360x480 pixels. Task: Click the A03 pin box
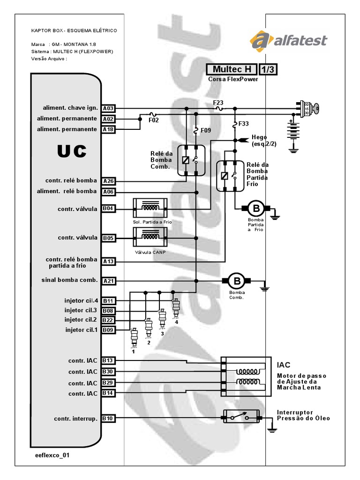[x=108, y=108]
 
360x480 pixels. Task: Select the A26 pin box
[x=108, y=181]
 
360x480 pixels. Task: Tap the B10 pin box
[x=108, y=418]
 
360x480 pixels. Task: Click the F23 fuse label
[x=218, y=102]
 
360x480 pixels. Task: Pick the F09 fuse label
[x=206, y=130]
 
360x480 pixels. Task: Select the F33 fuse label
[x=244, y=124]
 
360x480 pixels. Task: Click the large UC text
[x=72, y=151]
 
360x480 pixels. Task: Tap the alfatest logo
[x=288, y=40]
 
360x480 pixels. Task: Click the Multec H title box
[x=232, y=69]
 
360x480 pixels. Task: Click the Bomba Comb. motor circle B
[x=237, y=281]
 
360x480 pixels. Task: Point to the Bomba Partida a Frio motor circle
[x=256, y=208]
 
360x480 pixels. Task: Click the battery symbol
[x=294, y=133]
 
